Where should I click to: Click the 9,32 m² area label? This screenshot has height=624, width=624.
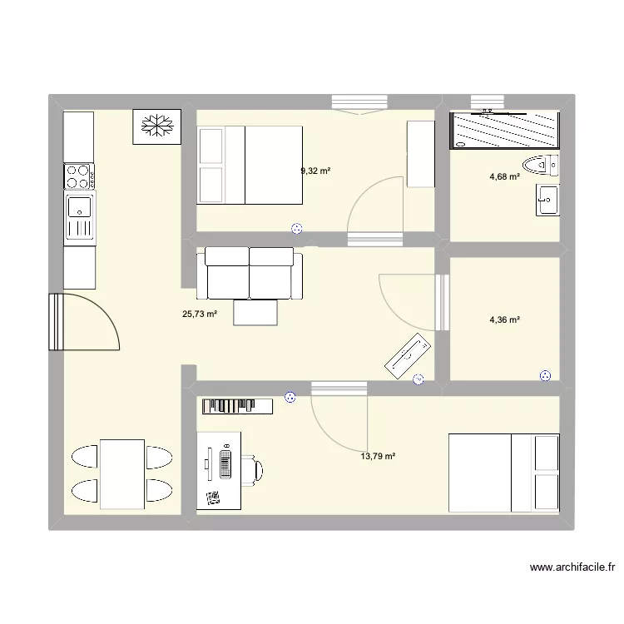pyautogui.click(x=315, y=171)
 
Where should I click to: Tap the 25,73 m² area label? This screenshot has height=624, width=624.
pyautogui.click(x=200, y=314)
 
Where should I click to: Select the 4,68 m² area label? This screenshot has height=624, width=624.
pyautogui.click(x=504, y=176)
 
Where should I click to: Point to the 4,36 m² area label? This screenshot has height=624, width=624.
pyautogui.click(x=504, y=319)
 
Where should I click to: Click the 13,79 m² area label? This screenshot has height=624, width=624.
pyautogui.click(x=378, y=456)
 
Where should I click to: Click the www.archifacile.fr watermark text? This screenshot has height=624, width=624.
pyautogui.click(x=573, y=569)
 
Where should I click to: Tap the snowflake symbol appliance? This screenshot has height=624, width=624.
pyautogui.click(x=156, y=126)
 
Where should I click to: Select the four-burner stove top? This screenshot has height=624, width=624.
pyautogui.click(x=79, y=176)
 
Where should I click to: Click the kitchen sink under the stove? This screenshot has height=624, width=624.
pyautogui.click(x=79, y=215)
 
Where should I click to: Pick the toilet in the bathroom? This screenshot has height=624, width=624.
pyautogui.click(x=541, y=165)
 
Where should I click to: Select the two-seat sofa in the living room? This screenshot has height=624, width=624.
pyautogui.click(x=250, y=273)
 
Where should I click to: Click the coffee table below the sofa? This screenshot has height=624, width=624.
pyautogui.click(x=256, y=312)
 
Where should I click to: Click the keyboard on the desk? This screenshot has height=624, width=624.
pyautogui.click(x=225, y=462)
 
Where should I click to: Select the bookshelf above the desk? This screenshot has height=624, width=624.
pyautogui.click(x=237, y=405)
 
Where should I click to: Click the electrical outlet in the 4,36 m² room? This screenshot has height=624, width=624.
pyautogui.click(x=546, y=375)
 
